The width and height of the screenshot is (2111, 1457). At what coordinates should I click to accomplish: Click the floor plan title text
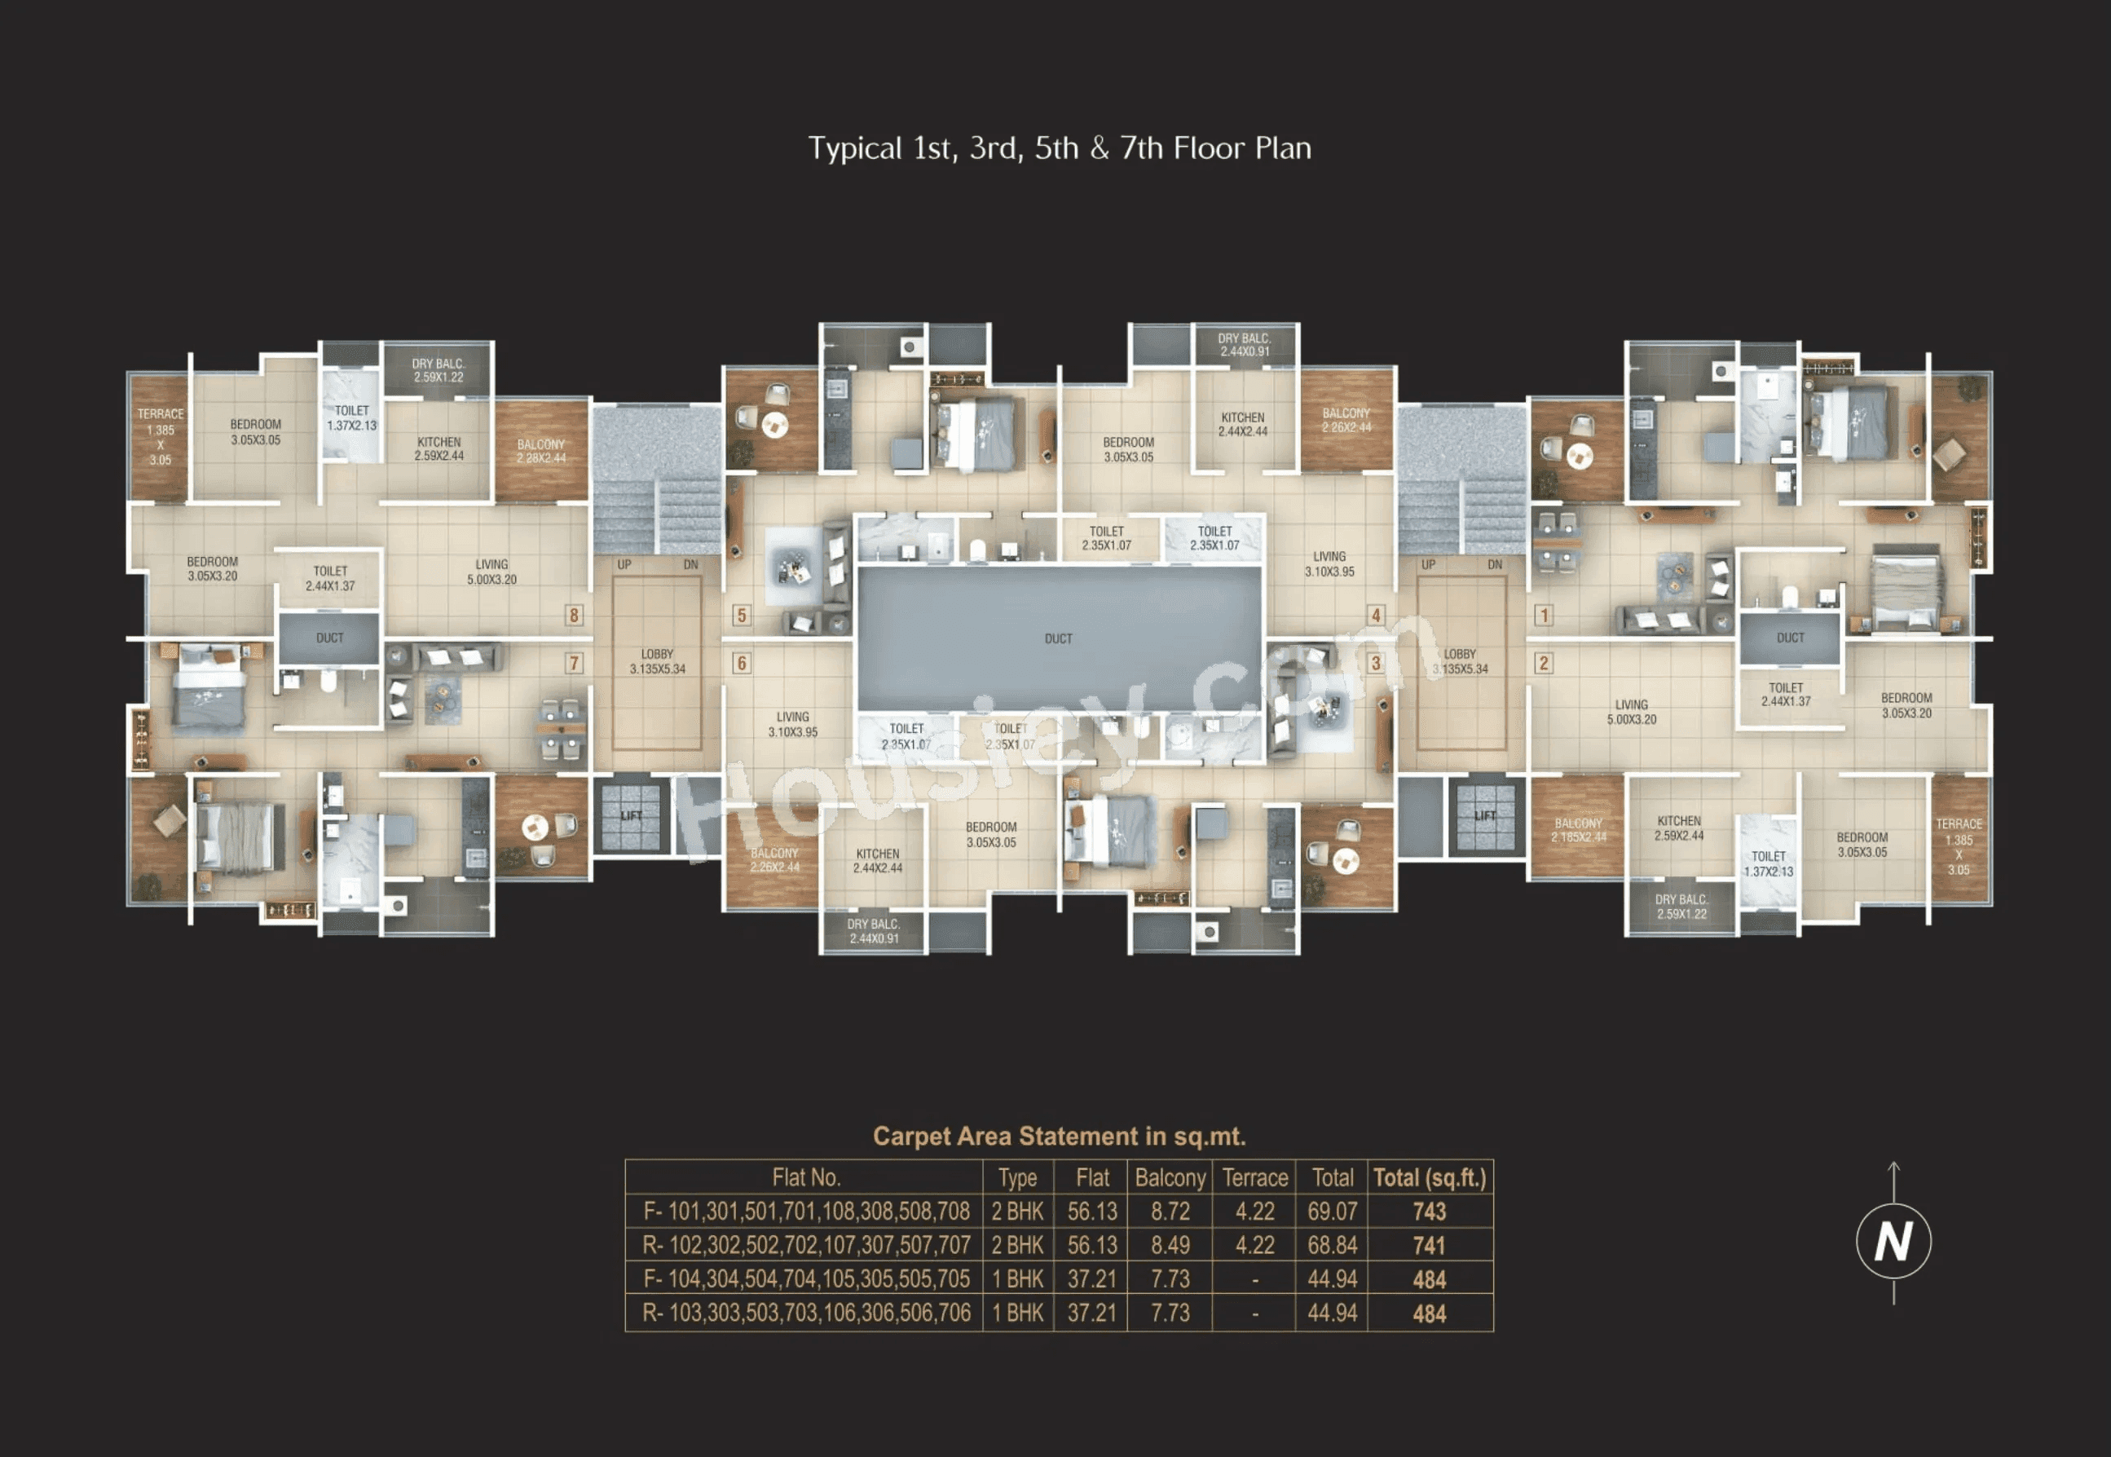[1059, 148]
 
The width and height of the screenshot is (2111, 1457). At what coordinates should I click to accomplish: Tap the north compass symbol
[1893, 1241]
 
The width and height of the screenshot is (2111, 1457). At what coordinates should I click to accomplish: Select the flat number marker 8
[574, 616]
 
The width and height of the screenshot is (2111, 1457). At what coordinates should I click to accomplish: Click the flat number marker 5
[741, 616]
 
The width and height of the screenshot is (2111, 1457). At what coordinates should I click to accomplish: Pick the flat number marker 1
[1544, 616]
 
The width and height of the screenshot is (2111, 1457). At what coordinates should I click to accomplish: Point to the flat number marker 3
[1375, 664]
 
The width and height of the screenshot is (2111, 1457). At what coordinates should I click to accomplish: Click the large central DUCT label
[1059, 639]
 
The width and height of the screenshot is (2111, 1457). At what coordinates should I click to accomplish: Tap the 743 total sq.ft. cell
[1430, 1212]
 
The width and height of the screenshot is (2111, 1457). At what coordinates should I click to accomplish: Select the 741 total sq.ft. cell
[1430, 1245]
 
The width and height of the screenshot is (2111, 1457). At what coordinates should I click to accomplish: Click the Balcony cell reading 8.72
[1170, 1212]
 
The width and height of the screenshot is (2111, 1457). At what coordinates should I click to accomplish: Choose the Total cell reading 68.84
[1333, 1245]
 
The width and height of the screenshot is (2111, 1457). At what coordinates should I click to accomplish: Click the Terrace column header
[1255, 1177]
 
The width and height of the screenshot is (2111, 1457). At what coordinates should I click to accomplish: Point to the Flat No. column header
[806, 1177]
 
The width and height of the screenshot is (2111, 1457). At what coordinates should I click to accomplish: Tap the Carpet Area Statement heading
[1059, 1137]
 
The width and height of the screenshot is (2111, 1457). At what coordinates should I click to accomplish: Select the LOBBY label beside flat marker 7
[657, 662]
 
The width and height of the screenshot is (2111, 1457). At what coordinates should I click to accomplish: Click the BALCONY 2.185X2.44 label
[1578, 830]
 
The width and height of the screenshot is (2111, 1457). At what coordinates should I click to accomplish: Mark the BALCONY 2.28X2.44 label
[541, 451]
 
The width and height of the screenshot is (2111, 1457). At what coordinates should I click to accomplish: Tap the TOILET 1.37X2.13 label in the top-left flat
[351, 418]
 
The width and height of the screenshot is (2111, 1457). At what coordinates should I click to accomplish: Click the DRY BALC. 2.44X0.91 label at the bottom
[874, 931]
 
